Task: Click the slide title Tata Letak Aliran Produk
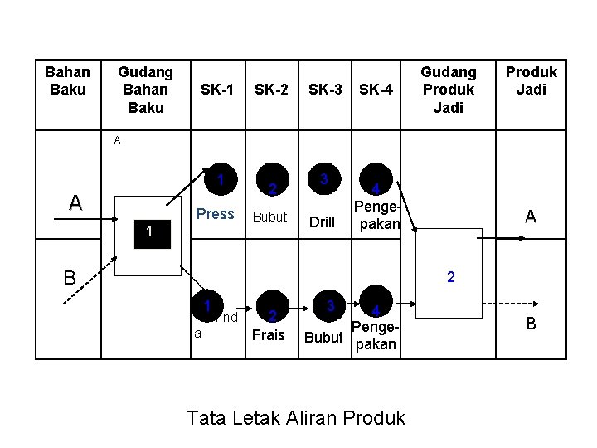point(296,417)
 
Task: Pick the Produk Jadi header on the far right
point(531,81)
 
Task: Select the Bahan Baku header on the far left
point(67,81)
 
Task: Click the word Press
point(216,214)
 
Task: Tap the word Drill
point(321,222)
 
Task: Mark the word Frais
point(268,335)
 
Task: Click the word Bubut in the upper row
point(269,217)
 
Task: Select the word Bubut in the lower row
point(323,338)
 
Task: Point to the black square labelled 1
point(148,235)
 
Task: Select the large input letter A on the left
point(75,202)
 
